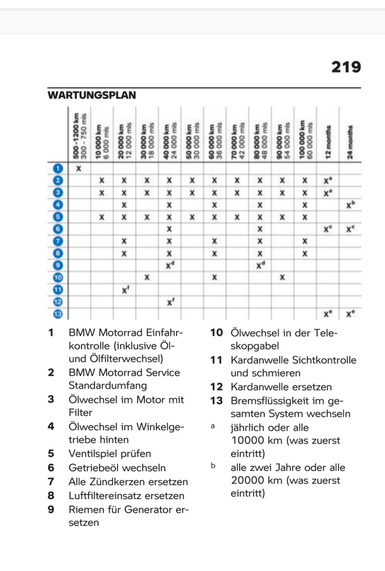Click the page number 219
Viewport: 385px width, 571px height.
tap(346, 67)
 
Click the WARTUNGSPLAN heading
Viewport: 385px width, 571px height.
tap(92, 95)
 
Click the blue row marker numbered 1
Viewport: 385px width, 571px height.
tap(58, 168)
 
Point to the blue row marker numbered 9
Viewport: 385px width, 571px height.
tap(58, 265)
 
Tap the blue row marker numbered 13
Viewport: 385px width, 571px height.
tap(58, 314)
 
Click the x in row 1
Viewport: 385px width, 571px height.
tap(79, 168)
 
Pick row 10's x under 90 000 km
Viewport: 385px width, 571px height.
tap(282, 277)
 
